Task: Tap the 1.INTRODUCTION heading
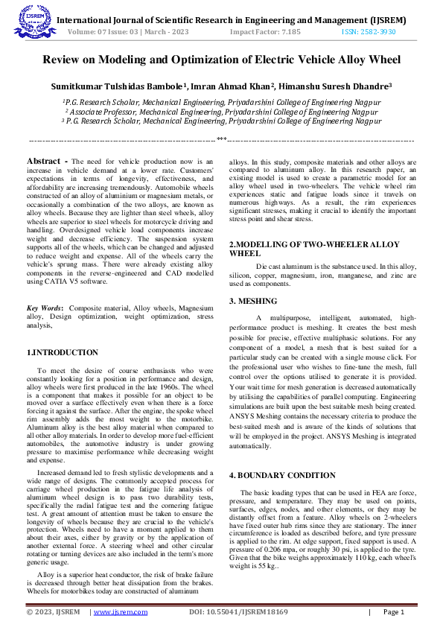click(62, 351)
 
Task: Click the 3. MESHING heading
click(252, 301)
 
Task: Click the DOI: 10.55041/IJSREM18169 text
click(238, 612)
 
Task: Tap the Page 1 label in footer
click(393, 612)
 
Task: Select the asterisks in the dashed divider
click(221, 139)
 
